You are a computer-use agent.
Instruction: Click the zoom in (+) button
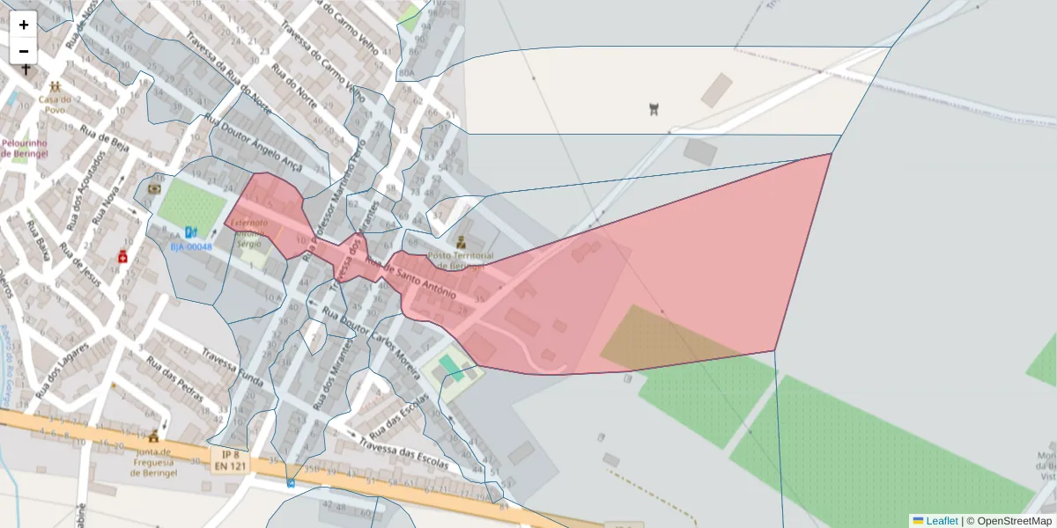click(24, 25)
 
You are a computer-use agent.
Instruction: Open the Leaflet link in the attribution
click(942, 521)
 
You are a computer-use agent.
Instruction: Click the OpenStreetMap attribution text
click(1015, 521)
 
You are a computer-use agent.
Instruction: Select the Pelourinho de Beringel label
click(25, 147)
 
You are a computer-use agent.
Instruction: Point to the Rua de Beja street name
click(105, 140)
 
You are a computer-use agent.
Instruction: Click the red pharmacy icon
click(122, 256)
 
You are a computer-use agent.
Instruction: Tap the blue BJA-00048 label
click(191, 247)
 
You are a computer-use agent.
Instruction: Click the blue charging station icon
click(190, 233)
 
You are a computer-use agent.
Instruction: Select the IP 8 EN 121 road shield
click(229, 458)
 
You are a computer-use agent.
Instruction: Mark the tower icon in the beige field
click(654, 109)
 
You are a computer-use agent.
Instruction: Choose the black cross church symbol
click(26, 70)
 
